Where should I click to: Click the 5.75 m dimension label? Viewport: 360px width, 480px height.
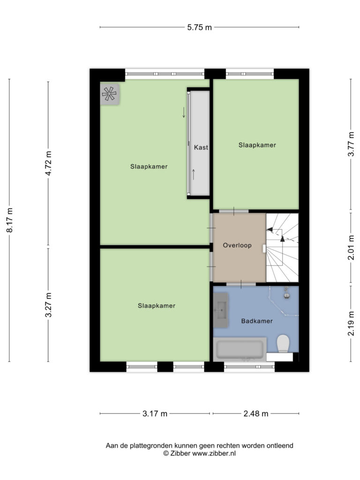coord(199,27)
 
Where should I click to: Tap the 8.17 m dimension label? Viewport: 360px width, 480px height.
coord(10,220)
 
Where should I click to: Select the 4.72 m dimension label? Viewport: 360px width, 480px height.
coord(48,163)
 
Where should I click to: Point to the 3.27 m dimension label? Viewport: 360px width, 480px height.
coord(48,305)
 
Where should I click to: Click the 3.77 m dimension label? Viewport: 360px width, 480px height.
coord(351,144)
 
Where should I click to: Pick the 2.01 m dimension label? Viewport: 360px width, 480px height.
coord(351,247)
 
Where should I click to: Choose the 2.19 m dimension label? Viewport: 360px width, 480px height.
coord(351,323)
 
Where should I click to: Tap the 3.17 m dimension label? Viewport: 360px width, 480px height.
coord(155,413)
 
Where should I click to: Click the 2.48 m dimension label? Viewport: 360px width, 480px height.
coord(256,413)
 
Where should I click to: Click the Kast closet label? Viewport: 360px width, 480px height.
coord(201,147)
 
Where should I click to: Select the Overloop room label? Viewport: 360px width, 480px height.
coord(237,245)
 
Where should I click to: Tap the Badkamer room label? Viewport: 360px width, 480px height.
coord(257,321)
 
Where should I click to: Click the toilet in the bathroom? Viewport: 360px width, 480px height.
coord(283,344)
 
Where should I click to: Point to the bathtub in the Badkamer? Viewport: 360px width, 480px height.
coord(240,349)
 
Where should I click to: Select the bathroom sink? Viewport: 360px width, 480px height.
coord(221,310)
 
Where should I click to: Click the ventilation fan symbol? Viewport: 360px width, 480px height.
coord(109,94)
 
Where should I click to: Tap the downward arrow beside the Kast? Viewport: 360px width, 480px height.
coord(184,112)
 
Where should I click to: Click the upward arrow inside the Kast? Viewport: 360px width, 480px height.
coord(194,174)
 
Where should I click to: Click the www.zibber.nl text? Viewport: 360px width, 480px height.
coord(214,453)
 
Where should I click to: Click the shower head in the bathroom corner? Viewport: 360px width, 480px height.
coord(287,293)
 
